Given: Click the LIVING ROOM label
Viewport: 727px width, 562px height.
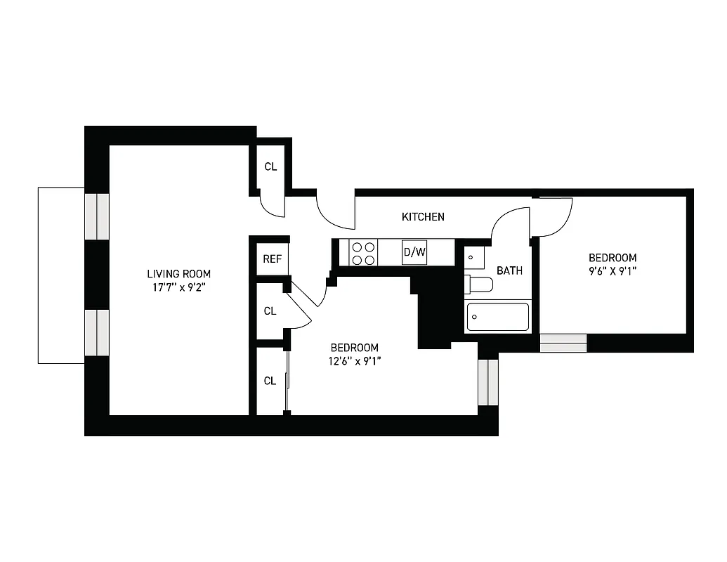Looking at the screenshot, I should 178,274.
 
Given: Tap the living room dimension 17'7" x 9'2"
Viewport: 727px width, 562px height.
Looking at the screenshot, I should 178,287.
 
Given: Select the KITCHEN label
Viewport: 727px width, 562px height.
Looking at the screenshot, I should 423,216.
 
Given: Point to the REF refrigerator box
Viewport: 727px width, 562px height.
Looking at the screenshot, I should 272,259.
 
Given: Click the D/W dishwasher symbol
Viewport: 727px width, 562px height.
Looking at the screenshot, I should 414,252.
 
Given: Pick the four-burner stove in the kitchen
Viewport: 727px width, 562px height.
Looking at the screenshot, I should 363,253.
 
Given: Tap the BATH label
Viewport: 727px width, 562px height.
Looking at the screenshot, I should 509,270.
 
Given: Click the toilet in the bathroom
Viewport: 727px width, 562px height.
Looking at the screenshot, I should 479,285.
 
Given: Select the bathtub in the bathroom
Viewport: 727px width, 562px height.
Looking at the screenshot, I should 498,317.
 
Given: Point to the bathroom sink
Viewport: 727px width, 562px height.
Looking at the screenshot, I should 475,257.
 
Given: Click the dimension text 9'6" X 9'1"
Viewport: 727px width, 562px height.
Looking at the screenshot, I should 613,271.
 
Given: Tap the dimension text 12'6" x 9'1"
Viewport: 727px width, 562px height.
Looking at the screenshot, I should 355,361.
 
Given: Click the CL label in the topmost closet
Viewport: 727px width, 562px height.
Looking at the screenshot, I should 270,166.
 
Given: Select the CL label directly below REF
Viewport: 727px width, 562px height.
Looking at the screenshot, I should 270,311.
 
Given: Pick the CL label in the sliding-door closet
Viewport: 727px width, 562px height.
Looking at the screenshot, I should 270,381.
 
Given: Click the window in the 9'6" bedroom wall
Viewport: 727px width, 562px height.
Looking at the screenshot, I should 563,343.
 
